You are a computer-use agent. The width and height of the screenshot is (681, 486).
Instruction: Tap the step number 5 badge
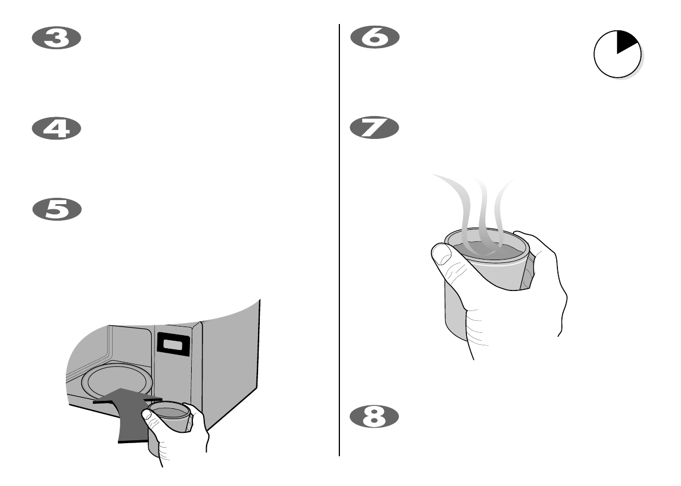tap(56, 210)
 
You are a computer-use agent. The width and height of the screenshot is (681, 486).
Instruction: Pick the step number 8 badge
tap(374, 416)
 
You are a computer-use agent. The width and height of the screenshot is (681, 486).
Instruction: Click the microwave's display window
tap(173, 344)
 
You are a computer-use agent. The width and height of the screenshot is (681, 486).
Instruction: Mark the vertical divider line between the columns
tap(339, 240)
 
